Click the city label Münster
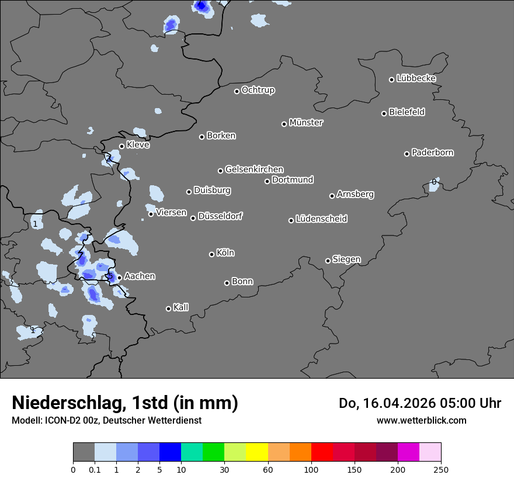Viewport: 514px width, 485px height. [306, 123]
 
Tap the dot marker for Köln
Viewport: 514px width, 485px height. [211, 254]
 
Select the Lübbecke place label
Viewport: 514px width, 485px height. [416, 78]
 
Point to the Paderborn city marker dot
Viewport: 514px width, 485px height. [407, 154]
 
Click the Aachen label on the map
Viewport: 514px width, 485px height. [140, 276]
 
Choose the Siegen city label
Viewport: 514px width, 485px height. [346, 259]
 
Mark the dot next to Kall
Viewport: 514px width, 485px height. [168, 309]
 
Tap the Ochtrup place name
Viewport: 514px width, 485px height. [258, 90]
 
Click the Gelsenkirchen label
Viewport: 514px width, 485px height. [254, 169]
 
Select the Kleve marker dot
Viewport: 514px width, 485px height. [121, 146]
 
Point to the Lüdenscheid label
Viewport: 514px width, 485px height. [321, 219]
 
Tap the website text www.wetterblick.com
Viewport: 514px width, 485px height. [421, 420]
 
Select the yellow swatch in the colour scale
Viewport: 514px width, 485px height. [257, 452]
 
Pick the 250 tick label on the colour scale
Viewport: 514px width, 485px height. [441, 469]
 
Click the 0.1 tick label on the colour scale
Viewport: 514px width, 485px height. [95, 469]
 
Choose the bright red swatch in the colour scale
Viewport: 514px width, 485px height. [322, 452]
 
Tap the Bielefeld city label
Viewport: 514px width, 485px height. [407, 112]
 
